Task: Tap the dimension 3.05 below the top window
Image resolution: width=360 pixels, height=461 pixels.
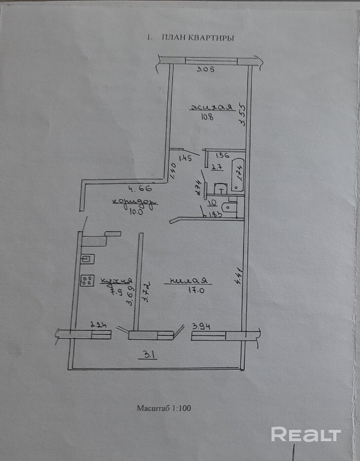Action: click(x=206, y=70)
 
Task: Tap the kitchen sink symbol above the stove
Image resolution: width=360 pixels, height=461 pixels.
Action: click(x=88, y=258)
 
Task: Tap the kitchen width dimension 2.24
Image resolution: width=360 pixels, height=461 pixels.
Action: click(x=99, y=325)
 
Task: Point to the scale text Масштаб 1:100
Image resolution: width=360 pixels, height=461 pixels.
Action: click(x=164, y=408)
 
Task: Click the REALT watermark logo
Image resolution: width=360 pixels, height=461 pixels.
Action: click(x=306, y=434)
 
